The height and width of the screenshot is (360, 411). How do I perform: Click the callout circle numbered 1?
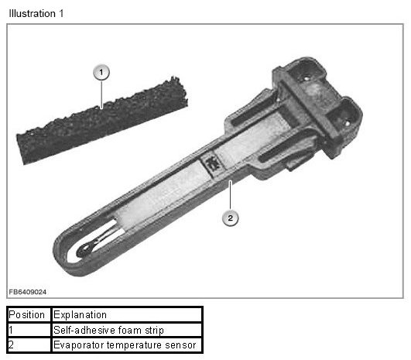pyautogui.click(x=101, y=72)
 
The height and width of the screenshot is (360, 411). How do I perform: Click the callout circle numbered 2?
pyautogui.click(x=231, y=218)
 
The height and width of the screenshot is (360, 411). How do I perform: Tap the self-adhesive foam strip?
pyautogui.click(x=102, y=122)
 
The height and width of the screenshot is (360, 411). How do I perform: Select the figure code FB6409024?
pyautogui.click(x=28, y=292)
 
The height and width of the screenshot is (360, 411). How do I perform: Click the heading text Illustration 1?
pyautogui.click(x=36, y=13)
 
